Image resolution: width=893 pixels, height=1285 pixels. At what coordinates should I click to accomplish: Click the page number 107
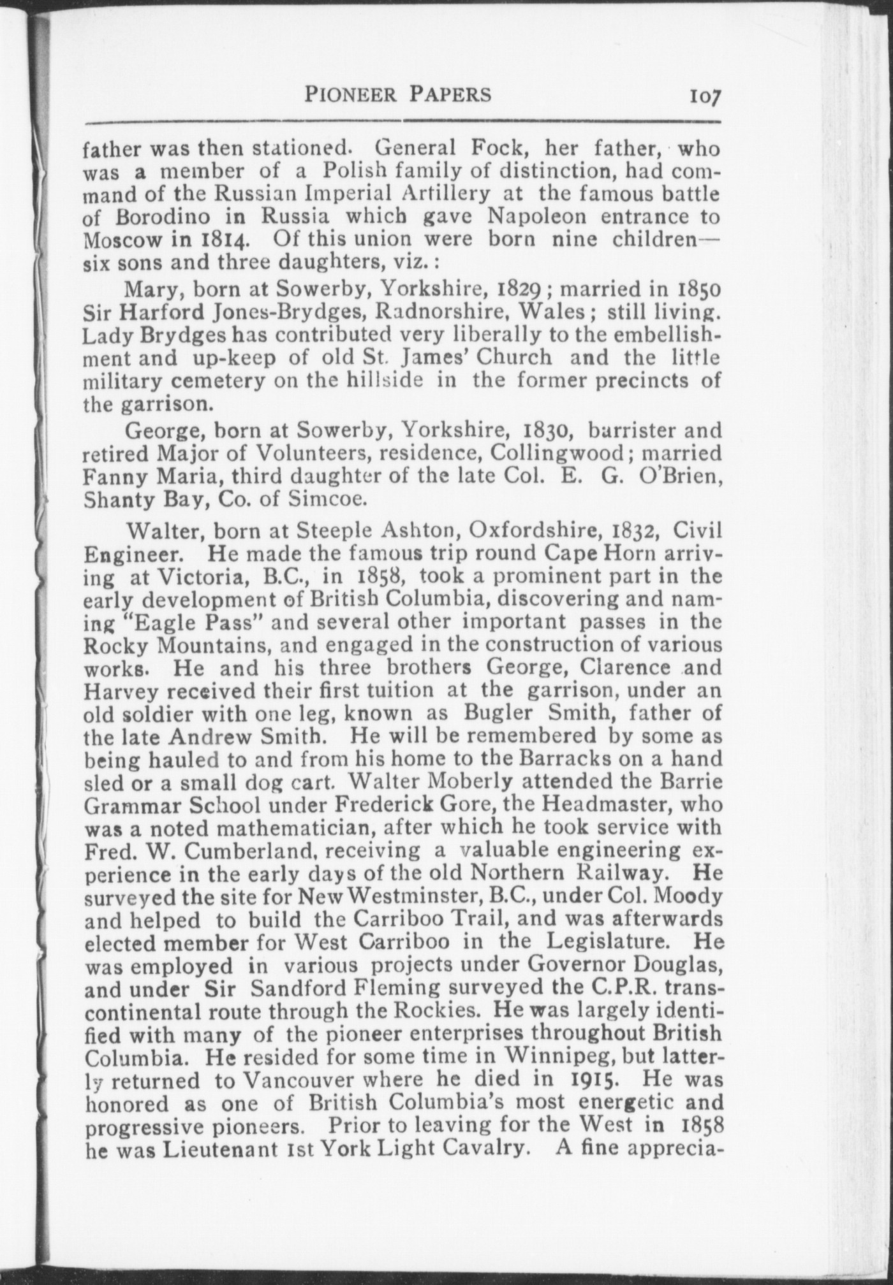704,96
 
